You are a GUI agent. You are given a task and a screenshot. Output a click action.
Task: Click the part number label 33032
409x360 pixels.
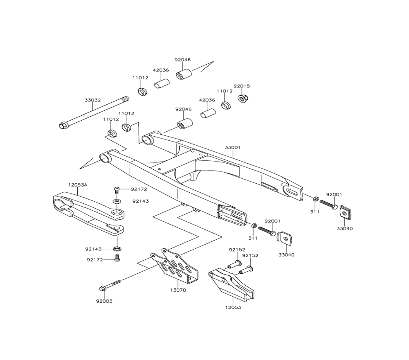pyautogui.click(x=93, y=100)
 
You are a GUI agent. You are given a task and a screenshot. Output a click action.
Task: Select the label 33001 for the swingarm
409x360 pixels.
pyautogui.click(x=233, y=147)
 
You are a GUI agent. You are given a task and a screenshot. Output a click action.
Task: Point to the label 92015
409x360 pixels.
pyautogui.click(x=242, y=86)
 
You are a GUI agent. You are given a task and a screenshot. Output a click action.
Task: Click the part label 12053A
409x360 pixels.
pyautogui.click(x=77, y=185)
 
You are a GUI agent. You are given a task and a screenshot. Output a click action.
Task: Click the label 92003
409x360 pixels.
pyautogui.click(x=104, y=301)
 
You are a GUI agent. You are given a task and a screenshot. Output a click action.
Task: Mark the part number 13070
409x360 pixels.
pyautogui.click(x=178, y=290)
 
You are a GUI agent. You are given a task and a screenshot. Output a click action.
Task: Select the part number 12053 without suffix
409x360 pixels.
pyautogui.click(x=233, y=307)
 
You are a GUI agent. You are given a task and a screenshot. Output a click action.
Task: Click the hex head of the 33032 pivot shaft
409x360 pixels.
pyautogui.click(x=63, y=125)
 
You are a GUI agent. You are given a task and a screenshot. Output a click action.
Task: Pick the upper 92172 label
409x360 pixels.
pyautogui.click(x=139, y=189)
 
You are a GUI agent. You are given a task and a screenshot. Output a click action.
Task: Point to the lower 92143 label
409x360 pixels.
pyautogui.click(x=93, y=249)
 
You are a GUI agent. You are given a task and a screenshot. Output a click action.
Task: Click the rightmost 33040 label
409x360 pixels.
pyautogui.click(x=345, y=228)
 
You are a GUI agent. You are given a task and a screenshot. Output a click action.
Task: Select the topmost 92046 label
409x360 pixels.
pyautogui.click(x=182, y=60)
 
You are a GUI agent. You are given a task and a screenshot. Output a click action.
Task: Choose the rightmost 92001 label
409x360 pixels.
pyautogui.click(x=334, y=194)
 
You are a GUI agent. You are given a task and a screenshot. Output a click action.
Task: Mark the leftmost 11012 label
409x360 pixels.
pyautogui.click(x=111, y=119)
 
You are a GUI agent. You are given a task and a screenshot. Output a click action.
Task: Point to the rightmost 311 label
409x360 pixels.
pyautogui.click(x=315, y=211)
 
